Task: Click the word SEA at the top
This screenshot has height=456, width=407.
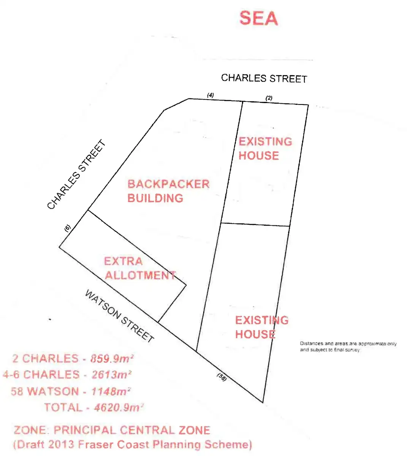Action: [x=259, y=18]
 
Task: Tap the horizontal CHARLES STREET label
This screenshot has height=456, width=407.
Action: [x=264, y=78]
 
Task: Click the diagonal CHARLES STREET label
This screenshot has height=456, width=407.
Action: [x=76, y=175]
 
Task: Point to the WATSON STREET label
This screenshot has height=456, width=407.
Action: [x=119, y=316]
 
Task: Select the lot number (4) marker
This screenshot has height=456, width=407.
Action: [x=211, y=95]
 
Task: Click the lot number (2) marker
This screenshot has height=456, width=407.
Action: [x=269, y=98]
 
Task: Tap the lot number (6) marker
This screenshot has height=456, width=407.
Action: [x=67, y=228]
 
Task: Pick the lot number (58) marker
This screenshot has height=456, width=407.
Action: [x=222, y=377]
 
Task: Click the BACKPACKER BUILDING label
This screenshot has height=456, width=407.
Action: [x=168, y=191]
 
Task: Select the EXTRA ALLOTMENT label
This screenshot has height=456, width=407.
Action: [x=140, y=268]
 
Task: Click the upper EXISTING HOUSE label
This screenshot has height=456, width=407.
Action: [x=265, y=149]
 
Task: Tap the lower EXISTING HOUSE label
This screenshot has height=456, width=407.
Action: [x=261, y=327]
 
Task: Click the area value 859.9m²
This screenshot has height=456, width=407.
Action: [x=112, y=358]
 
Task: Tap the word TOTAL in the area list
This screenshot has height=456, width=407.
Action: [x=63, y=407]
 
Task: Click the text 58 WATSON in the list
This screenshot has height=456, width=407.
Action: [x=45, y=391]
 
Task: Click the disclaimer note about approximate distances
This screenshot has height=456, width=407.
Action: [x=348, y=347]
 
